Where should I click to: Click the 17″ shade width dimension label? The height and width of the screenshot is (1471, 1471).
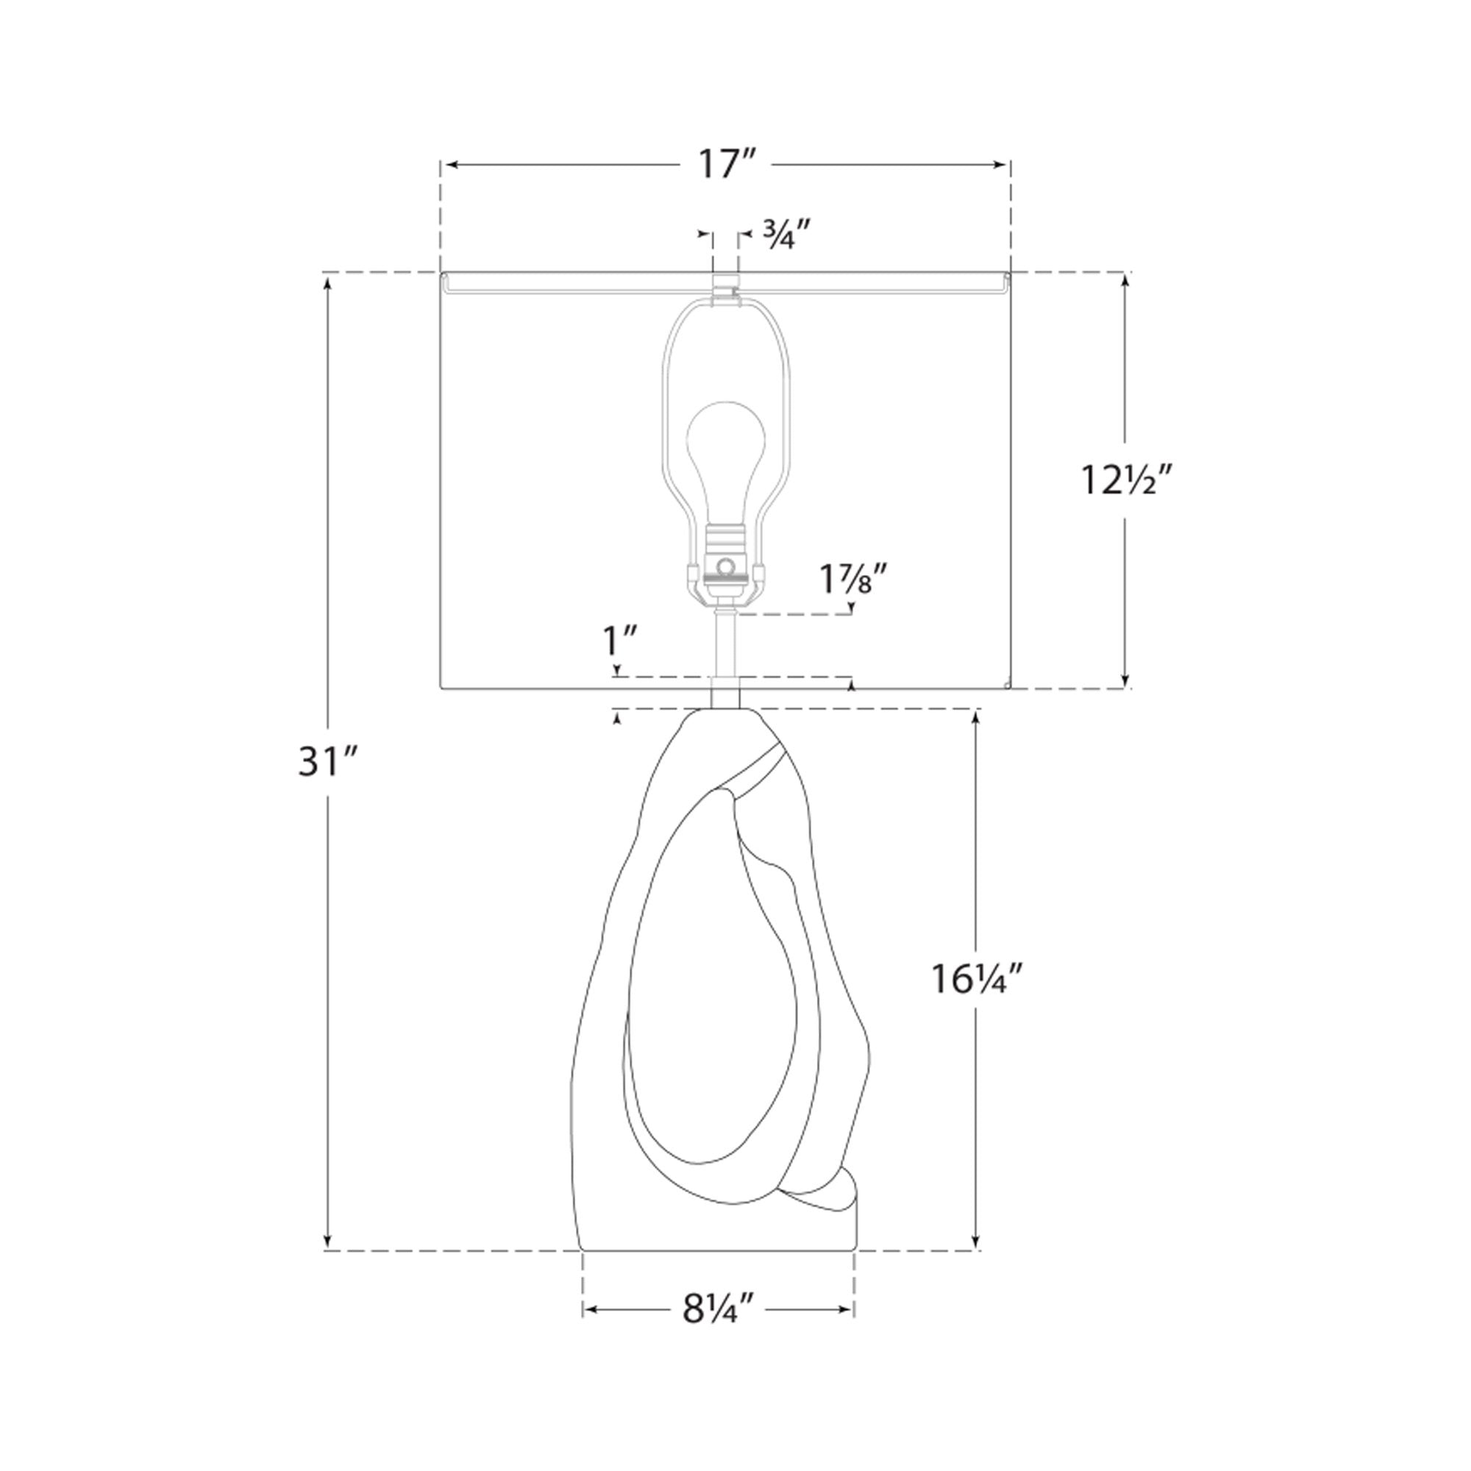click(727, 165)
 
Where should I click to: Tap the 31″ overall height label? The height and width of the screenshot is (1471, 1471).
click(328, 762)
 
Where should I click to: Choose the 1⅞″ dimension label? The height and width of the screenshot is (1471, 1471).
click(853, 580)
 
